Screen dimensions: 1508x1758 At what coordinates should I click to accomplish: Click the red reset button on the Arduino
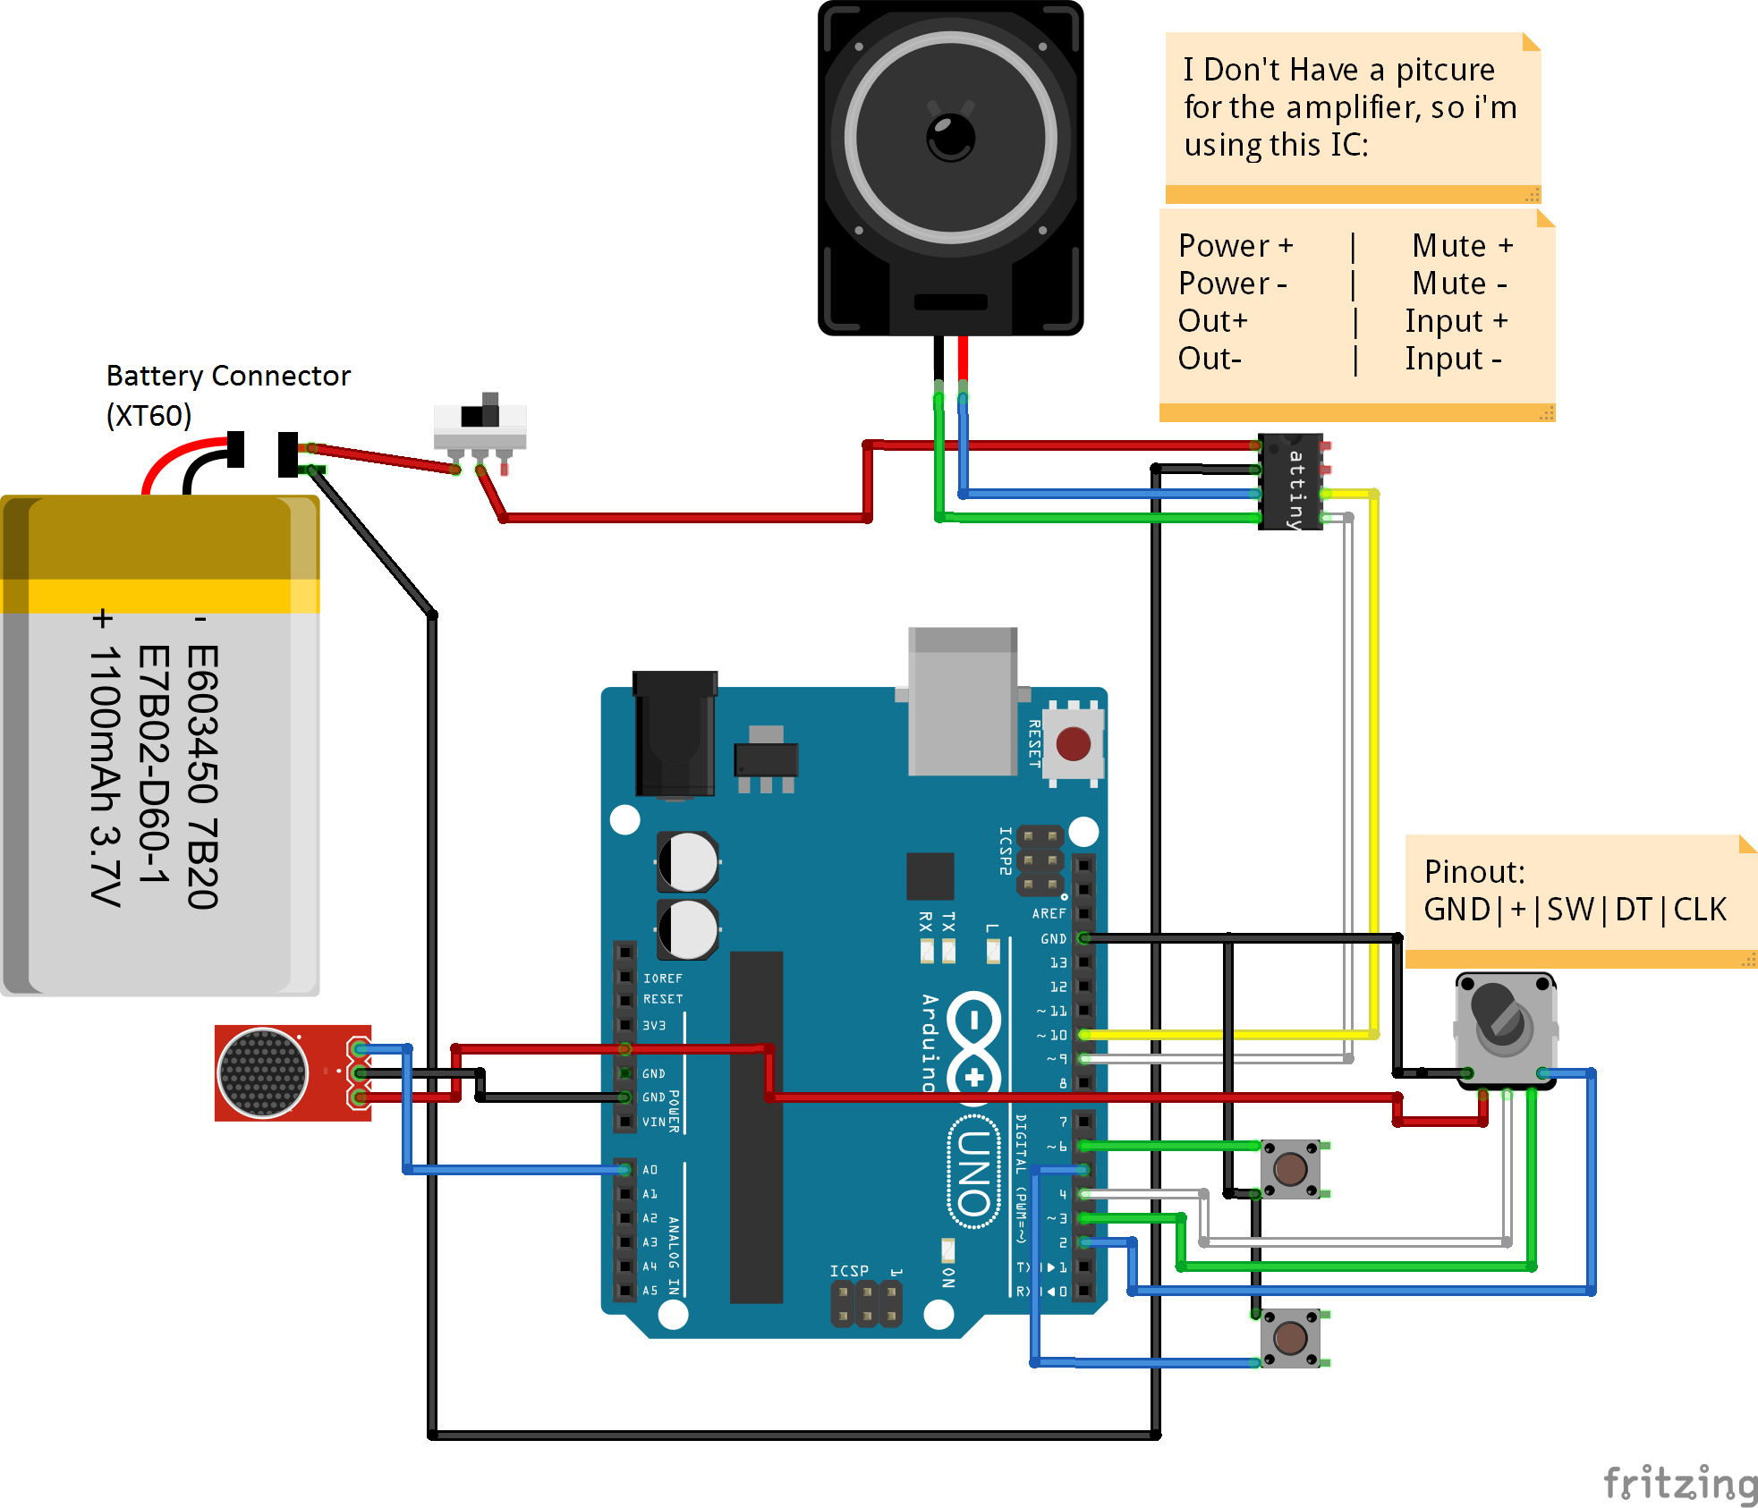coord(1073,743)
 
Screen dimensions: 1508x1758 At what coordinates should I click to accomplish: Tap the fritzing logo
coord(1680,1483)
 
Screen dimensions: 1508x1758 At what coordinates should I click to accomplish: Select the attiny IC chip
coord(1290,482)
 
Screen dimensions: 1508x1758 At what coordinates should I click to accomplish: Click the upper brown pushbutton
coord(1289,1168)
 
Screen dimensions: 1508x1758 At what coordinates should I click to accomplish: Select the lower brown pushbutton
coord(1289,1338)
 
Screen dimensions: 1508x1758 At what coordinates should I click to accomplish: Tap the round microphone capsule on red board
coord(262,1072)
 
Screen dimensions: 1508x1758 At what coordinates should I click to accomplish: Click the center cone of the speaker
coord(950,137)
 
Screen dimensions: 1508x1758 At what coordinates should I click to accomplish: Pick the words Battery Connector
coord(228,376)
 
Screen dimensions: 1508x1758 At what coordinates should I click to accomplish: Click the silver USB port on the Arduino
coord(963,702)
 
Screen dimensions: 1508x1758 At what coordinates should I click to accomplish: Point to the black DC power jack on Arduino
coord(675,733)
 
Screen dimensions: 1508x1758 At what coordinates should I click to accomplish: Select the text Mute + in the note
coord(1462,245)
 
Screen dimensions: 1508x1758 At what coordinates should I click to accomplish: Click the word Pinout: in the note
coord(1473,871)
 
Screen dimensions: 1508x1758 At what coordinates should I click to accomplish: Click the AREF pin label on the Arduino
coord(1049,913)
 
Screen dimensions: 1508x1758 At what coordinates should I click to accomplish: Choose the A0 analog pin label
coord(650,1170)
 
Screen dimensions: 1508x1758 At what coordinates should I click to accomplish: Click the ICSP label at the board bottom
coord(848,1271)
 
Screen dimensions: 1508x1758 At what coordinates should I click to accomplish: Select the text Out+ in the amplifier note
coord(1212,320)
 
